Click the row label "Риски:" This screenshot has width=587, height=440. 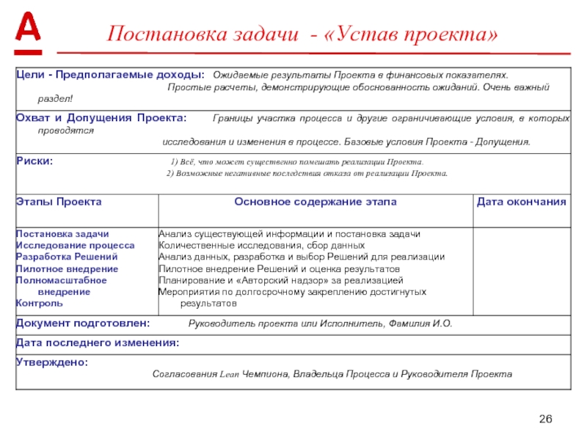coord(34,161)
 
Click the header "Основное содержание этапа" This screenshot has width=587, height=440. coord(315,201)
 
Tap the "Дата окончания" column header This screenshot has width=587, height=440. coord(521,201)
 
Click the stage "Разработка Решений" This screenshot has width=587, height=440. coord(66,257)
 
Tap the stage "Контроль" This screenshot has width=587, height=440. coord(40,302)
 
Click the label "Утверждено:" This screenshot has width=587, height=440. coord(51,362)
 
